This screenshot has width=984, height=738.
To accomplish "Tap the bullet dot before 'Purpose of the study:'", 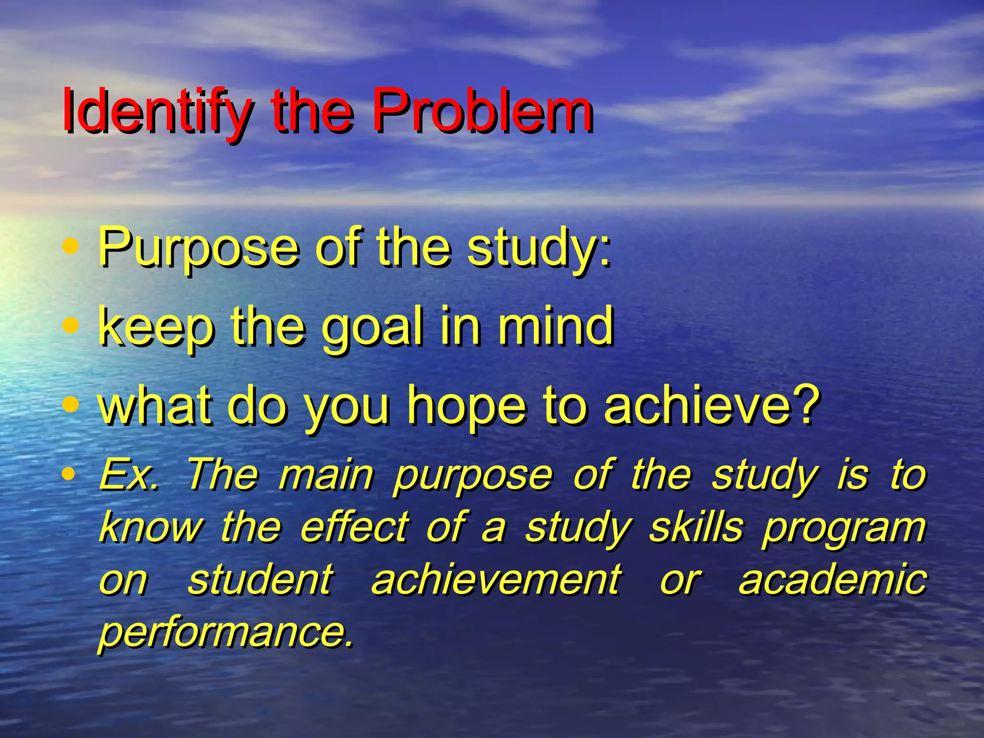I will pyautogui.click(x=71, y=246).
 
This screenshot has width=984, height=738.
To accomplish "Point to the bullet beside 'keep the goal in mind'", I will pyautogui.click(x=71, y=326).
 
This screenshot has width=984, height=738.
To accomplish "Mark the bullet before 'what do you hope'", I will pyautogui.click(x=71, y=404).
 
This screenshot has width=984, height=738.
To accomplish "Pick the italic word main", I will pyautogui.click(x=326, y=475).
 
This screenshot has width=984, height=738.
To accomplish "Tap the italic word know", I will pyautogui.click(x=150, y=527).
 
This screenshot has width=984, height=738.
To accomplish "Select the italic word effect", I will pyautogui.click(x=355, y=527).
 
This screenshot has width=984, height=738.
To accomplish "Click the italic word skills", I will pyautogui.click(x=696, y=527).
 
